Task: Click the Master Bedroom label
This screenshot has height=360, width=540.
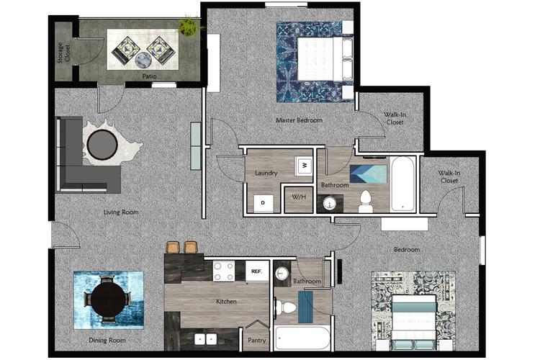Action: (299, 120)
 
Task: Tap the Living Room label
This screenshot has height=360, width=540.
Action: (120, 212)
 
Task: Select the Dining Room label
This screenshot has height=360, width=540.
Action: (107, 340)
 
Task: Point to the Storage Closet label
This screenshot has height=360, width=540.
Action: (64, 53)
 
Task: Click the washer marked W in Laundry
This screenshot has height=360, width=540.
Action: (304, 166)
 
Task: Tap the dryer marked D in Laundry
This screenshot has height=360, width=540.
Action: (262, 203)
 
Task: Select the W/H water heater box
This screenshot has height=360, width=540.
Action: (298, 198)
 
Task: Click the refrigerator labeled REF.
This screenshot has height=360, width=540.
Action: (256, 271)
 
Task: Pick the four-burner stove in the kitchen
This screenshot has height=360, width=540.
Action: (223, 271)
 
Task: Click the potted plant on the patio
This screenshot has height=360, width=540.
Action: (189, 26)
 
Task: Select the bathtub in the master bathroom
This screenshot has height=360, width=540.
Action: (402, 184)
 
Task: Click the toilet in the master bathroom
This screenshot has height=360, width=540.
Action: (364, 202)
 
